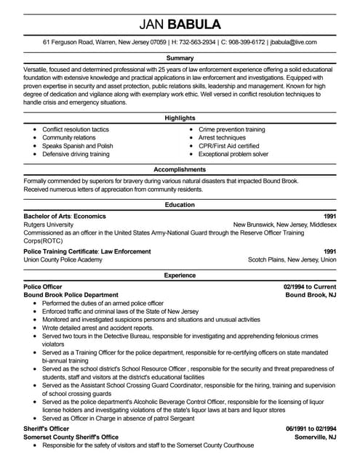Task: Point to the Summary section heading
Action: [x=180, y=57]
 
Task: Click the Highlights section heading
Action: [x=180, y=117]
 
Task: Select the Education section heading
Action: [x=180, y=206]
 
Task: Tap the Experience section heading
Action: [x=180, y=276]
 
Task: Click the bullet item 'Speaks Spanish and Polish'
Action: [x=77, y=146]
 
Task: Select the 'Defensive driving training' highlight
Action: [x=76, y=155]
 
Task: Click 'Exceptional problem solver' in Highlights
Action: [x=233, y=155]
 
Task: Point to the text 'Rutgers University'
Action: [x=49, y=225]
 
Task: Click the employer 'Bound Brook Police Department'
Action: [x=71, y=295]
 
